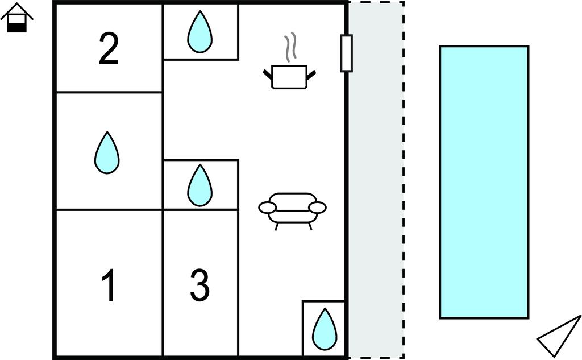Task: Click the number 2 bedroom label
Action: (x=108, y=49)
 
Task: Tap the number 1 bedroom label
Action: (x=109, y=286)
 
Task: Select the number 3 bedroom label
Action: (x=199, y=286)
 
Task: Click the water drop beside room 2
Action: (x=199, y=32)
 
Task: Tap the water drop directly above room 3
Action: (x=199, y=185)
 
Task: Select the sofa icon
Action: (x=292, y=209)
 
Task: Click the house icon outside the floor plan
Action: (x=17, y=18)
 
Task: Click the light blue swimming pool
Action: (x=484, y=181)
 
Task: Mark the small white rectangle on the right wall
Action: (x=346, y=53)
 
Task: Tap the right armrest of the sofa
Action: (x=318, y=207)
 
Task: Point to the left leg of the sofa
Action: (x=277, y=226)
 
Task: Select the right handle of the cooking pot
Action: (x=311, y=73)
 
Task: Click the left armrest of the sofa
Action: (x=267, y=208)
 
